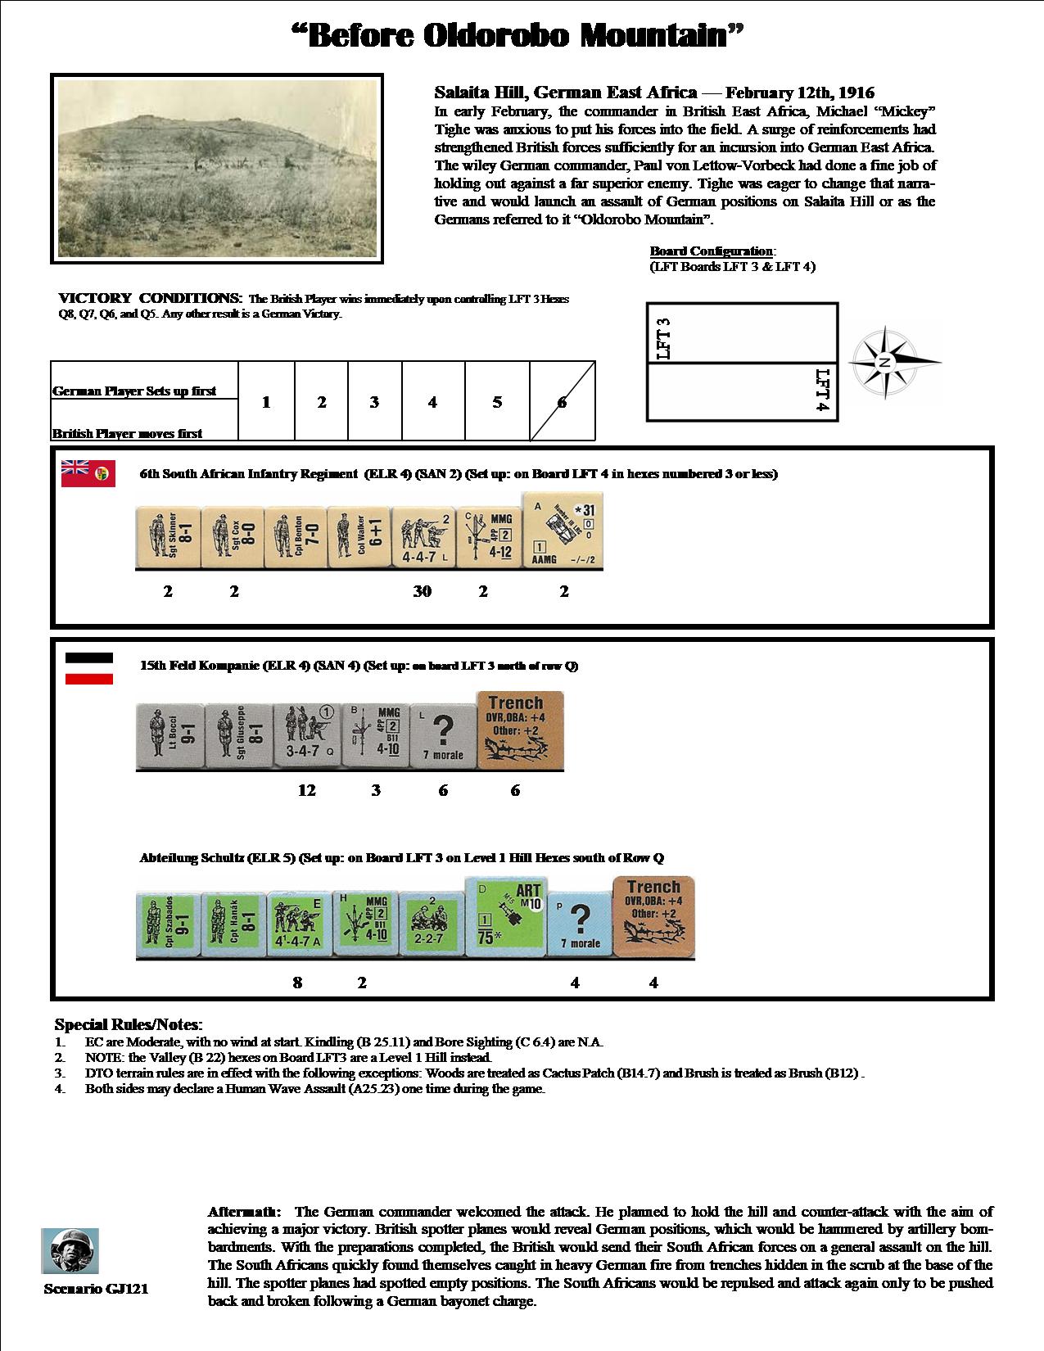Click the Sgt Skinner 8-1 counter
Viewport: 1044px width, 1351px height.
point(167,537)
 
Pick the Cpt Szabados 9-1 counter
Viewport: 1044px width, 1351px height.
point(168,925)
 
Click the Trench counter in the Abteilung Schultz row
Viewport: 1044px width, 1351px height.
point(653,917)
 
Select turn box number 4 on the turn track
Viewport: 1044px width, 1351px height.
point(432,402)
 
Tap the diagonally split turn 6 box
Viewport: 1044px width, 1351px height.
point(563,402)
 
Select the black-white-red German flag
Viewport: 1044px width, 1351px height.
point(89,667)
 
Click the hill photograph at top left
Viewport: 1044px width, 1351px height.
point(217,169)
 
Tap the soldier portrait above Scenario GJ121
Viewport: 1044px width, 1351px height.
point(70,1250)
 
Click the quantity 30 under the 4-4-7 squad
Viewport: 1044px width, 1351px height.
point(422,591)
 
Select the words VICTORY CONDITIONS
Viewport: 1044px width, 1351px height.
point(150,298)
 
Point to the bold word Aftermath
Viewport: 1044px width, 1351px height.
point(245,1211)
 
